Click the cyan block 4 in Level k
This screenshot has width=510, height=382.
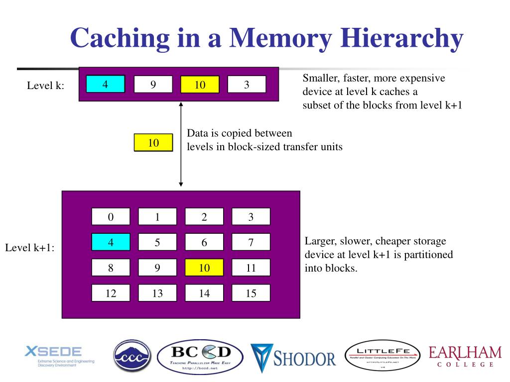[x=105, y=84]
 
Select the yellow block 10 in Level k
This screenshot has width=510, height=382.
[x=200, y=85]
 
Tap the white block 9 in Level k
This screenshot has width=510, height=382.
[x=153, y=84]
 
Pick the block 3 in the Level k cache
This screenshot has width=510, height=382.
[x=247, y=84]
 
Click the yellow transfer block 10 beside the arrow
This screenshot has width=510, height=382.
[x=153, y=143]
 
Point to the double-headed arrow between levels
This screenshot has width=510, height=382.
[x=181, y=144]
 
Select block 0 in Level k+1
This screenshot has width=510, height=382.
[x=111, y=216]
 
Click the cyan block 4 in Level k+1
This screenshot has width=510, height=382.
[x=111, y=242]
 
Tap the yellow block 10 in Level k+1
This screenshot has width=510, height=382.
[x=204, y=268]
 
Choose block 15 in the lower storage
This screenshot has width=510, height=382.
[x=251, y=293]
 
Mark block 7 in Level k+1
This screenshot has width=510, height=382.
[x=251, y=242]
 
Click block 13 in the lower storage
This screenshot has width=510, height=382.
[x=157, y=293]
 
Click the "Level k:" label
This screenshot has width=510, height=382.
[x=45, y=86]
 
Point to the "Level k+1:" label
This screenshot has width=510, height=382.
[x=30, y=247]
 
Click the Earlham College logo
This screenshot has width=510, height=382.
[x=465, y=357]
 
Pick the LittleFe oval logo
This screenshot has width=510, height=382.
[x=383, y=357]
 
